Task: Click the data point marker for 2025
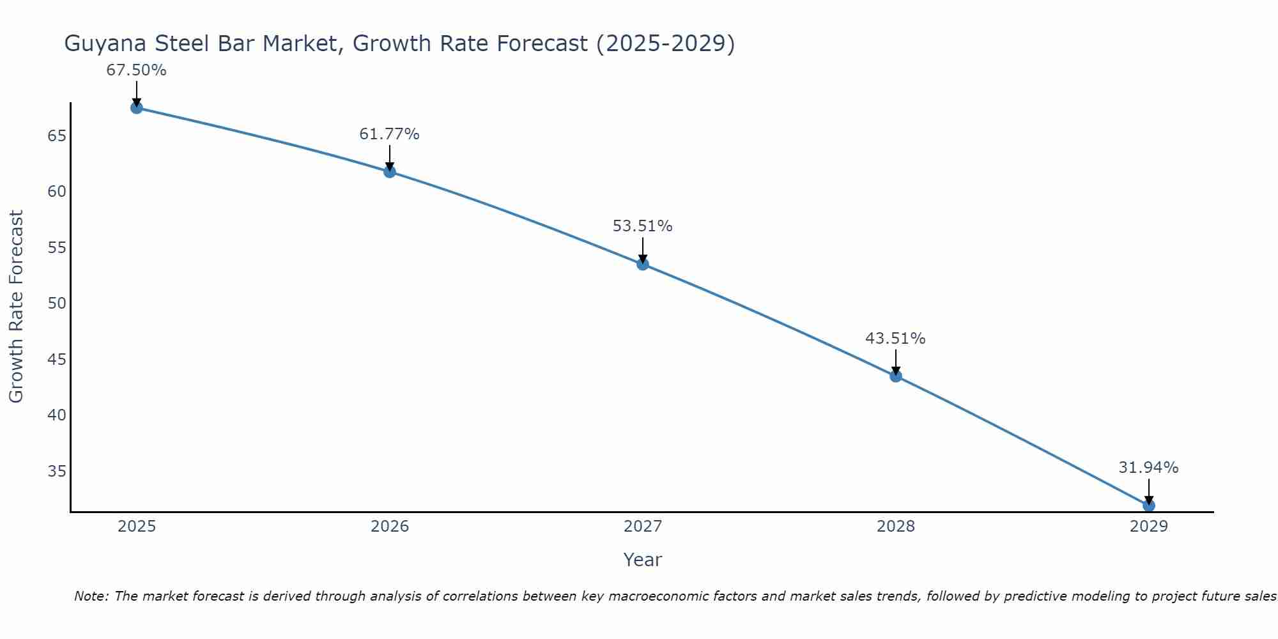click(x=136, y=108)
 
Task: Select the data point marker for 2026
click(x=390, y=172)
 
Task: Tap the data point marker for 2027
click(x=643, y=264)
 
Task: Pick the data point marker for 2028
click(x=896, y=376)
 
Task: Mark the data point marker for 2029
click(x=1148, y=505)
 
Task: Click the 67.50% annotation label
click(x=136, y=70)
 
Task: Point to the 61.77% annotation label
click(x=389, y=134)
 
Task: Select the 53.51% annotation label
click(x=642, y=226)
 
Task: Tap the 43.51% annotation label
click(x=895, y=339)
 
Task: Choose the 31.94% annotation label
click(x=1148, y=468)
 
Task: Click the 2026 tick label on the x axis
click(x=390, y=527)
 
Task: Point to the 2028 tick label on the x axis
click(x=896, y=527)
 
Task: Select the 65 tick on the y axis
click(x=57, y=136)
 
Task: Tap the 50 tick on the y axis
click(x=57, y=304)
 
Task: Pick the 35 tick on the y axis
click(x=57, y=472)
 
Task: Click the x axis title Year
click(x=642, y=560)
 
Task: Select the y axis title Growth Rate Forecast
click(x=16, y=307)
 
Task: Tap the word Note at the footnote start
click(x=92, y=596)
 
